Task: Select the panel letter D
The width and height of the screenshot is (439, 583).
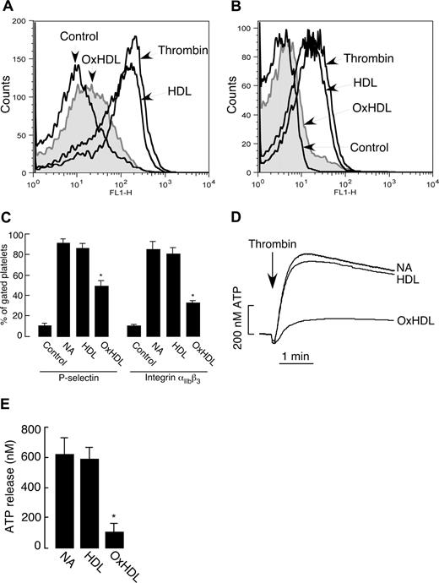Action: [234, 221]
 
